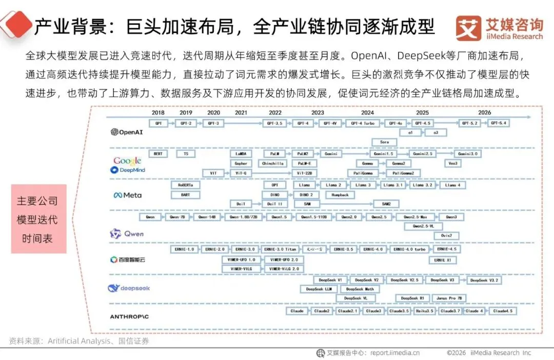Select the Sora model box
click(384, 142)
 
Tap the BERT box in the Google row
click(157, 154)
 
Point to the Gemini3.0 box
click(467, 154)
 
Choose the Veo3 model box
click(452, 163)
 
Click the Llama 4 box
click(453, 185)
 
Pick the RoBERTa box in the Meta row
click(185, 185)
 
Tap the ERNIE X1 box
click(443, 260)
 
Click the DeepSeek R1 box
click(412, 298)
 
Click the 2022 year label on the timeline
click(275, 112)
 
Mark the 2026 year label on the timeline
click(484, 112)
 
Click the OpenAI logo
click(127, 132)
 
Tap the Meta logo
click(127, 195)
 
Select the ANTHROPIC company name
click(129, 317)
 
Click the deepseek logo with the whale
click(129, 288)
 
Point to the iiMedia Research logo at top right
click(499, 28)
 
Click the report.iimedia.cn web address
click(395, 353)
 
